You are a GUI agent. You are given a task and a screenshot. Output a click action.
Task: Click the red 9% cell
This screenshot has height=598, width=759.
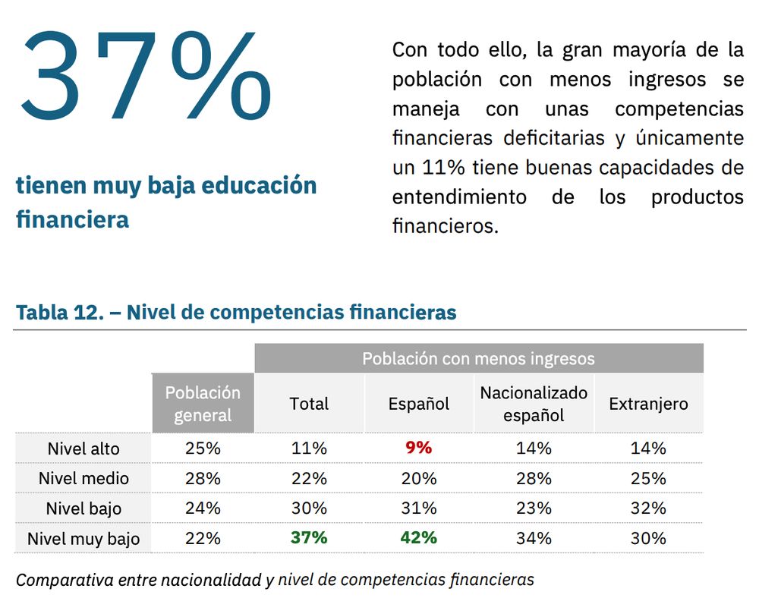418,448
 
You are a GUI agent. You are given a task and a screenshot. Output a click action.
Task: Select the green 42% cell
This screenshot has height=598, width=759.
418,537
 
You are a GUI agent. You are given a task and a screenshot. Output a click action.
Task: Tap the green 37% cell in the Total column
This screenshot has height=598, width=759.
309,537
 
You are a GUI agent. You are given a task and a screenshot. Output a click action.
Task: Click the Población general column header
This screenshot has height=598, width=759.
203,404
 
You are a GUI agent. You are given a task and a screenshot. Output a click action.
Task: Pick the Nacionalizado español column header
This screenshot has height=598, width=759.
534,404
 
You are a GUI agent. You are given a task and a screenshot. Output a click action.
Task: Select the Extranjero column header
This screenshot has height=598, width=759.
648,404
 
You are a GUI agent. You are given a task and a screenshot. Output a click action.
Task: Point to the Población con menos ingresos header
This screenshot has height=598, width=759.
478,358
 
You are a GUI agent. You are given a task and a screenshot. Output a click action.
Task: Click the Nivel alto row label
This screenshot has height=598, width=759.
83,448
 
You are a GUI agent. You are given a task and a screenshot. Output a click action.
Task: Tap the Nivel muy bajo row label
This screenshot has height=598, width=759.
83,539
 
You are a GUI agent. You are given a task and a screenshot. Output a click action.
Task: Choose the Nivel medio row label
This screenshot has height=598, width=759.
83,479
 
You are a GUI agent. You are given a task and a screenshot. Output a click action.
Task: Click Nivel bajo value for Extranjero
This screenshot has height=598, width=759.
648,508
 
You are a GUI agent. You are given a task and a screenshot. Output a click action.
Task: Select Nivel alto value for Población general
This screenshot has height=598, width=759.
203,448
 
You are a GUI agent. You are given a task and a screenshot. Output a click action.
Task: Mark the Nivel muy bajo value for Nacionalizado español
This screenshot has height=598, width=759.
534,538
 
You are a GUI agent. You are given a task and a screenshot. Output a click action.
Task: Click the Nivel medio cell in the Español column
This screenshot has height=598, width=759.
418,479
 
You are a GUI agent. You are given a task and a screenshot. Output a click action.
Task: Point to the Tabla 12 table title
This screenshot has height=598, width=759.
236,312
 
